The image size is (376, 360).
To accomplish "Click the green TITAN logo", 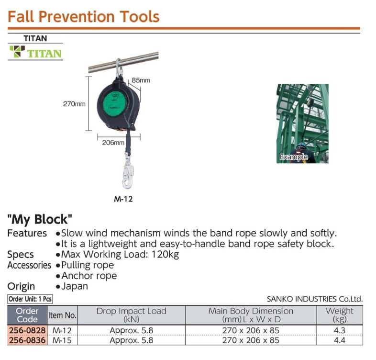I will click(x=35, y=52).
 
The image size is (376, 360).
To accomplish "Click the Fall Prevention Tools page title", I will click(x=84, y=17).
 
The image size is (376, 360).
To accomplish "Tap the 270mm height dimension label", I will click(x=74, y=104).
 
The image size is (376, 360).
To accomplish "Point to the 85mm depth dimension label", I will click(x=141, y=80).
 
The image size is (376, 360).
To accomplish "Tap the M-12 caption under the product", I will click(x=123, y=200).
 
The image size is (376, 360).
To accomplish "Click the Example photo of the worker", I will click(x=302, y=124).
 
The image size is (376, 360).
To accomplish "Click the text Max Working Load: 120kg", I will click(x=120, y=254).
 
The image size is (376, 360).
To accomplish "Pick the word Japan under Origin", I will click(x=75, y=286).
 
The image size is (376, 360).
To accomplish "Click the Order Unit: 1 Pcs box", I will click(x=30, y=299).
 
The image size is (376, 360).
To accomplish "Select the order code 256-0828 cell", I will click(x=27, y=330).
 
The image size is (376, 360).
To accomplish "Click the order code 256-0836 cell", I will click(x=27, y=340).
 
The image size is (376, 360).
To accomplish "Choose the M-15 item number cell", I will click(x=62, y=340).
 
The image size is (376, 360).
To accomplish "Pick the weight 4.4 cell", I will click(x=340, y=340).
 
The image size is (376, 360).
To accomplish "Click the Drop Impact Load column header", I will click(x=131, y=315).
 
